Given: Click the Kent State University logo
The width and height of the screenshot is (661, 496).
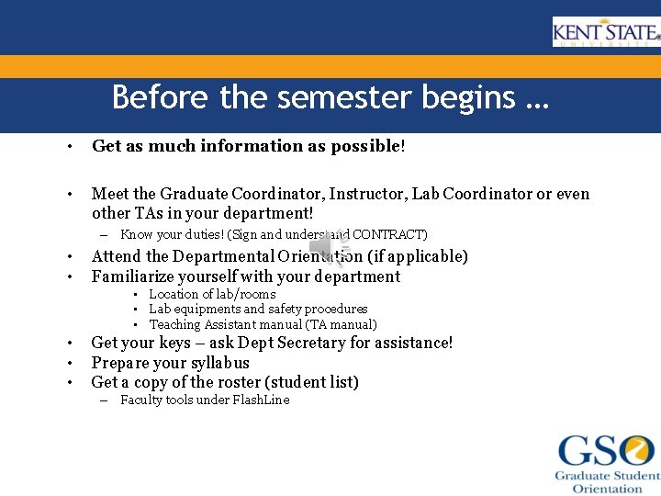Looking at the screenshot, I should point(605,33).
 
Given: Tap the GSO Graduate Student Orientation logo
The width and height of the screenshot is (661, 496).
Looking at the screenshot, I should point(607,463).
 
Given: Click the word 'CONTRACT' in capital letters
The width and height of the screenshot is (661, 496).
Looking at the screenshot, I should point(390,235).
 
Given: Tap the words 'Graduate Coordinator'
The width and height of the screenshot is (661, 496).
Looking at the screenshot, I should point(232,194).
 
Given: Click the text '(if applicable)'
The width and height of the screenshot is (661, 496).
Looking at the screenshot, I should point(418,256).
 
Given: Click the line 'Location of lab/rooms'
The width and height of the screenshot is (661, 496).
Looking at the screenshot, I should point(212,294).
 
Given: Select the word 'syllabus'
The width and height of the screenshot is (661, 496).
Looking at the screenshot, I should point(219,363).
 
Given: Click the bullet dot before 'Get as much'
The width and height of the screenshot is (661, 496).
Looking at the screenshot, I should point(69,147).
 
